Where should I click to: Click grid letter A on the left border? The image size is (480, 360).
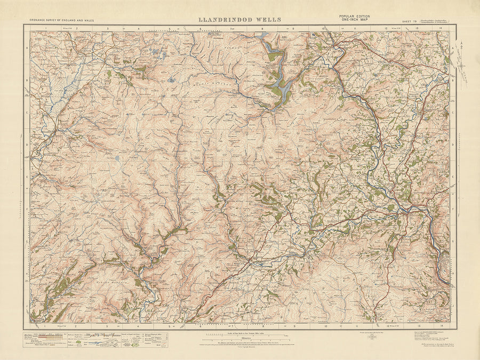click(x=27, y=47)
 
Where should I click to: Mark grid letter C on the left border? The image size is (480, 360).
click(x=27, y=113)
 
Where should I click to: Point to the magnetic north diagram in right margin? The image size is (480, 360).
click(x=462, y=67)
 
